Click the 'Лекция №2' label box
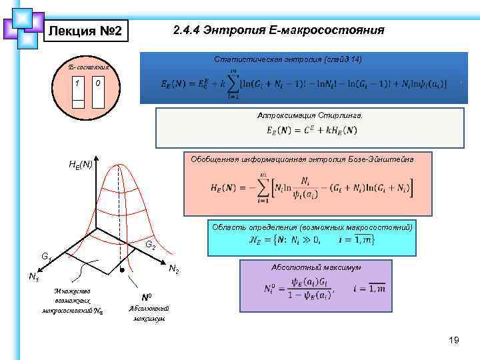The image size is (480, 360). pos(83,31)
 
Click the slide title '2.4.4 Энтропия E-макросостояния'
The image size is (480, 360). pos(278,31)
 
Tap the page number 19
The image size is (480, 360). pos(454,341)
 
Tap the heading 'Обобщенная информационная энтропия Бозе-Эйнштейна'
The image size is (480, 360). pos(302,159)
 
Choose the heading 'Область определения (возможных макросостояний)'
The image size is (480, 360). pos(312,227)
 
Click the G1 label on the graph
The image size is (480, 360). pos(47,256)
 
